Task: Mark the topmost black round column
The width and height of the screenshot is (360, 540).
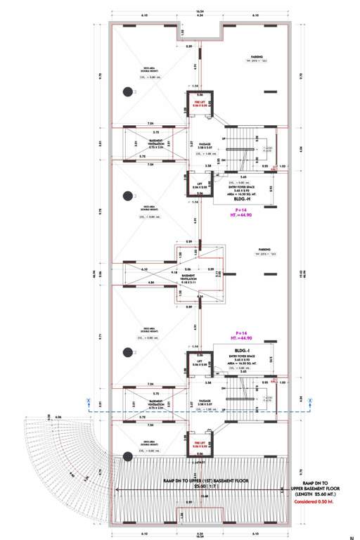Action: [128, 90]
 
